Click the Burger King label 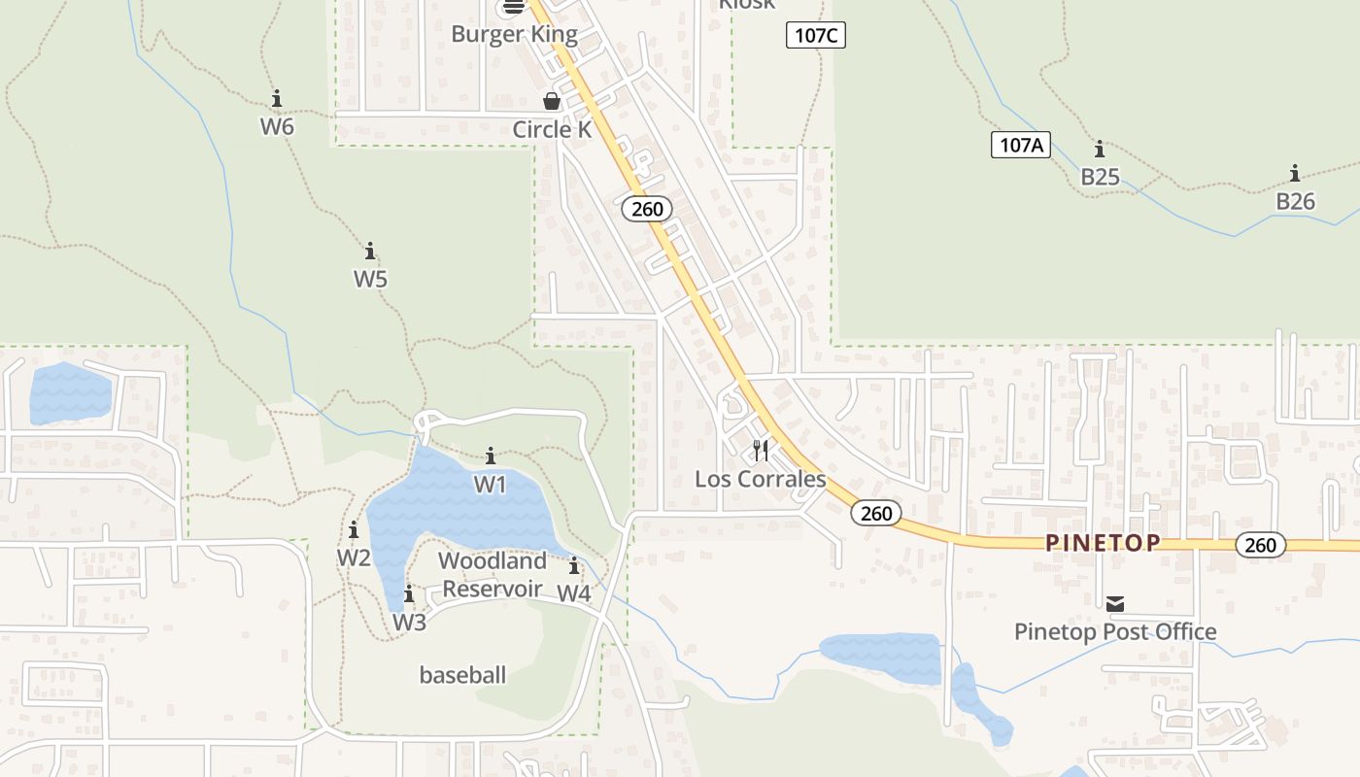(514, 35)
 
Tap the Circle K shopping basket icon (552, 101)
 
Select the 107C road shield (815, 36)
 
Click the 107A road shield (1021, 146)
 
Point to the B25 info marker (1100, 150)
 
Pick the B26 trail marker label (1294, 201)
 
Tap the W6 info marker (277, 99)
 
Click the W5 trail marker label (370, 279)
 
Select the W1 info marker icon (491, 456)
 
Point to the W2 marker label (354, 557)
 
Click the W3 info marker (409, 594)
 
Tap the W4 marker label (574, 592)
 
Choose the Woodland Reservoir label (493, 575)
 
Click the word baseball (462, 675)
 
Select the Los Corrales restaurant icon (761, 451)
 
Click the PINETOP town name (1103, 543)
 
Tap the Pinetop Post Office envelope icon (1115, 604)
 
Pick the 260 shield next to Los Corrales (876, 513)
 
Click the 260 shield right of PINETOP (1260, 545)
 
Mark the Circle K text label (552, 129)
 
